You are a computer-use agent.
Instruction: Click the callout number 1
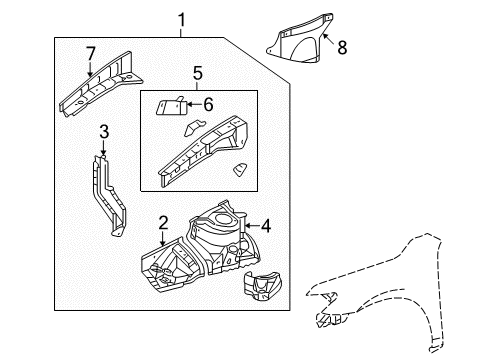tap(181, 20)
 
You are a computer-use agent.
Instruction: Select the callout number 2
tap(163, 223)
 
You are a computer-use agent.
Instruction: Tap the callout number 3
tap(104, 132)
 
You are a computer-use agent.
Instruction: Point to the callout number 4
tap(266, 226)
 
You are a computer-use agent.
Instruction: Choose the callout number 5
tap(198, 73)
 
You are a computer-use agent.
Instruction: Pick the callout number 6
tap(208, 105)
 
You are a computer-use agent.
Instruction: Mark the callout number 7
tap(91, 54)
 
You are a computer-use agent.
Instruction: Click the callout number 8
tap(342, 47)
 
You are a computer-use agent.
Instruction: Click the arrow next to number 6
tap(194, 105)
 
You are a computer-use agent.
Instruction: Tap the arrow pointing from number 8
tap(329, 40)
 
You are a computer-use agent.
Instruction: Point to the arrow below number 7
tap(90, 70)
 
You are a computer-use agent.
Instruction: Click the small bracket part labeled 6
tap(171, 106)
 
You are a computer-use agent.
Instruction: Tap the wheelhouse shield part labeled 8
tap(300, 39)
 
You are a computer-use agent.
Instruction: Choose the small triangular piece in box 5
tap(240, 169)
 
